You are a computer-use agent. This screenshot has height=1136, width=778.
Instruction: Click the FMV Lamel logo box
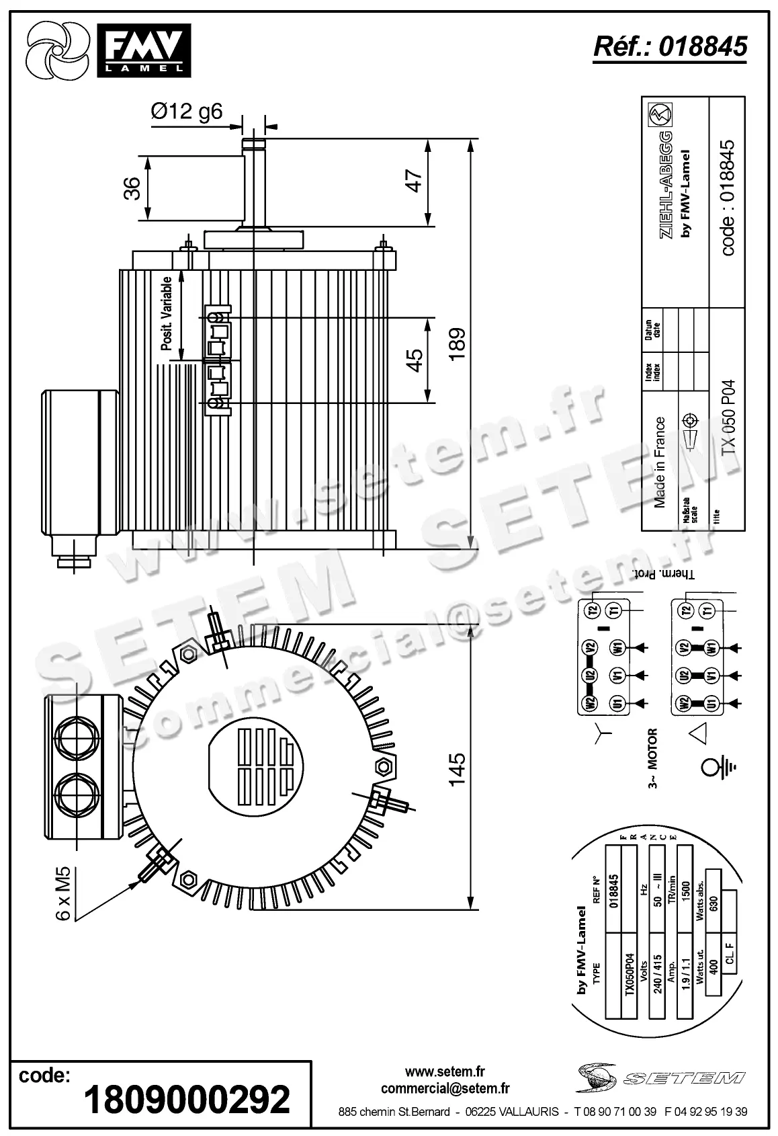143,50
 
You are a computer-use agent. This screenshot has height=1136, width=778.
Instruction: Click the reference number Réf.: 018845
670,46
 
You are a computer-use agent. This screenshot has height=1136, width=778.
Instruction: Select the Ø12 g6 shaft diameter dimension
186,111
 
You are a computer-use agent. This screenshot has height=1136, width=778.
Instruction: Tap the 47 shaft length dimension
415,181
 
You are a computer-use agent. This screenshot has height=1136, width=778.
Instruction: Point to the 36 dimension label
132,188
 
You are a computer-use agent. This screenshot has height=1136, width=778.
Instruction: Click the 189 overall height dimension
458,344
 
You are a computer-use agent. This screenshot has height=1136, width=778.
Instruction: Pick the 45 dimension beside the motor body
415,360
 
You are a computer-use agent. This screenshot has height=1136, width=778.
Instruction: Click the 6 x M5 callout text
62,894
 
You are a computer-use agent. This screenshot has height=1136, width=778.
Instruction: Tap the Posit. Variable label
167,313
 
